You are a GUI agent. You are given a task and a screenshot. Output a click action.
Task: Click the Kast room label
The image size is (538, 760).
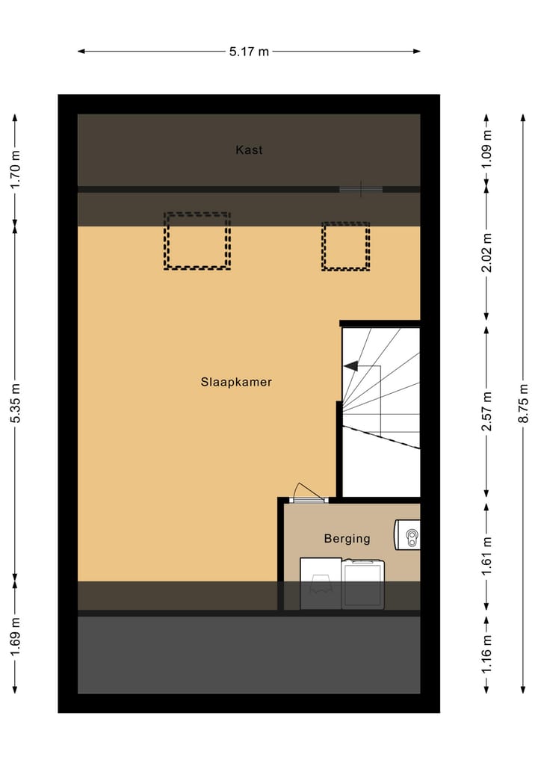click(249, 150)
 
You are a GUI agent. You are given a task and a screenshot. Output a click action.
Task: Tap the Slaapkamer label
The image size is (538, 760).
click(235, 382)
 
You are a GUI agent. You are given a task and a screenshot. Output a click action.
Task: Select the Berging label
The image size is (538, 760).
click(347, 538)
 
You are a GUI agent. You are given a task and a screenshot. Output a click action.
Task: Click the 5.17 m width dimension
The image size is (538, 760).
click(249, 52)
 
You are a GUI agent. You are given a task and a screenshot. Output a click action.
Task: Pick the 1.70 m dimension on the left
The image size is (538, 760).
click(15, 170)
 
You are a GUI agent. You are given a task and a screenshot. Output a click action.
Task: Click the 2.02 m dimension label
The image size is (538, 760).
click(486, 254)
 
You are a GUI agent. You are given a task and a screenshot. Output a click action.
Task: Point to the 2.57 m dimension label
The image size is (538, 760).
click(486, 412)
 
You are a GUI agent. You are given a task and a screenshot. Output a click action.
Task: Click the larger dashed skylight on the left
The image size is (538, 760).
click(197, 241)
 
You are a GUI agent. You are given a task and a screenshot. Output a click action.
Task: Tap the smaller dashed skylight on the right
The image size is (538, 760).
click(345, 246)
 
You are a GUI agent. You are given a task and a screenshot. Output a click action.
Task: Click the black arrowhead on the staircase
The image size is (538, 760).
click(350, 366)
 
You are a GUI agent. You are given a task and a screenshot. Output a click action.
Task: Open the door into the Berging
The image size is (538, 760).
click(307, 494)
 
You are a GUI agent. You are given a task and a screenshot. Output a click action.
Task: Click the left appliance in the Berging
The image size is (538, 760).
click(321, 584)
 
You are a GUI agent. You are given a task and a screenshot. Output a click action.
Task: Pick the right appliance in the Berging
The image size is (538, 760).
click(363, 584)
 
